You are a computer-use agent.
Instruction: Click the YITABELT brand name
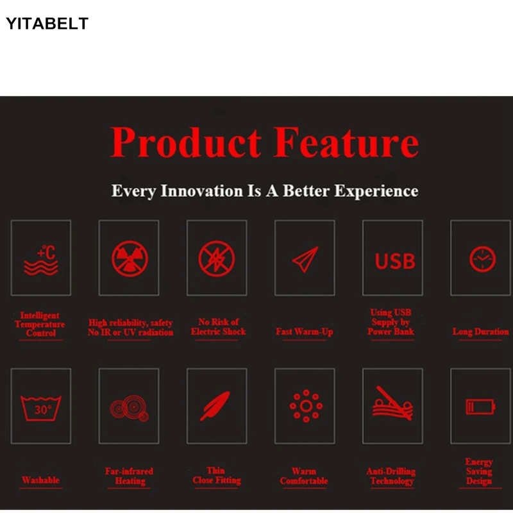point(47,24)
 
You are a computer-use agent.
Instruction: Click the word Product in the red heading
point(186,142)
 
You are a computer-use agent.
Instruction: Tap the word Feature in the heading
point(346,142)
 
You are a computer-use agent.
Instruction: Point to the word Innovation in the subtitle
point(201,190)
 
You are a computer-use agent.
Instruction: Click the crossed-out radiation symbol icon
point(130,259)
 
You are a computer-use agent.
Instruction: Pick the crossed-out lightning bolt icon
point(217,259)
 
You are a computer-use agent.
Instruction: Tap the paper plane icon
point(305,260)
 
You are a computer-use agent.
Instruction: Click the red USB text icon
point(395,261)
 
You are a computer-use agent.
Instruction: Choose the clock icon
point(483,259)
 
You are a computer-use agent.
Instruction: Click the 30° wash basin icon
point(41,408)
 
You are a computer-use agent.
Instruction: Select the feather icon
point(215,406)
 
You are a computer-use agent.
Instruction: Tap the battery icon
point(480,407)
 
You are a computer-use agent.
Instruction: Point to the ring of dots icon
point(307,406)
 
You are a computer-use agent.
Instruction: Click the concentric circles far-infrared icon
point(130,407)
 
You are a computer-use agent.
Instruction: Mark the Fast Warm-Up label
point(304,332)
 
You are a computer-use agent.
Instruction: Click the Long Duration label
point(480,332)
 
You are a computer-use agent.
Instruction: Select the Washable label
point(40,480)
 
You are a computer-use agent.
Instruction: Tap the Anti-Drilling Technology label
point(391,476)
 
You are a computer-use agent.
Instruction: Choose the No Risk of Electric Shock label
point(218,326)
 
